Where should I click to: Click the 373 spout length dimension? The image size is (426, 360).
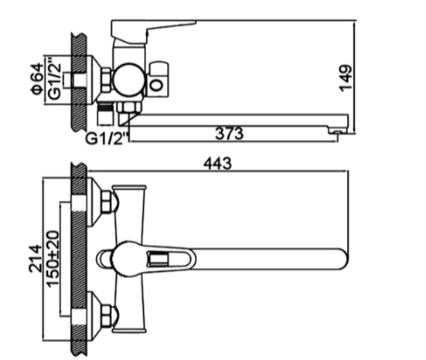[x=229, y=134]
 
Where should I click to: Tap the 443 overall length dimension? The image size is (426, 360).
[x=217, y=164]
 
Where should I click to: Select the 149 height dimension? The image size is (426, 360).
[x=346, y=78]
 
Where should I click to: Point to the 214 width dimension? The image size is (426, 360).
[x=36, y=258]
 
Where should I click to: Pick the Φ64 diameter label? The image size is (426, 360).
[x=37, y=79]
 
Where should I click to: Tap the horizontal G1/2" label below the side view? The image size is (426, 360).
[x=107, y=139]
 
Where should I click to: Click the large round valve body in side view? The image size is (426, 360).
[x=129, y=80]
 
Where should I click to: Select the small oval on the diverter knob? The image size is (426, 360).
[x=156, y=85]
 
